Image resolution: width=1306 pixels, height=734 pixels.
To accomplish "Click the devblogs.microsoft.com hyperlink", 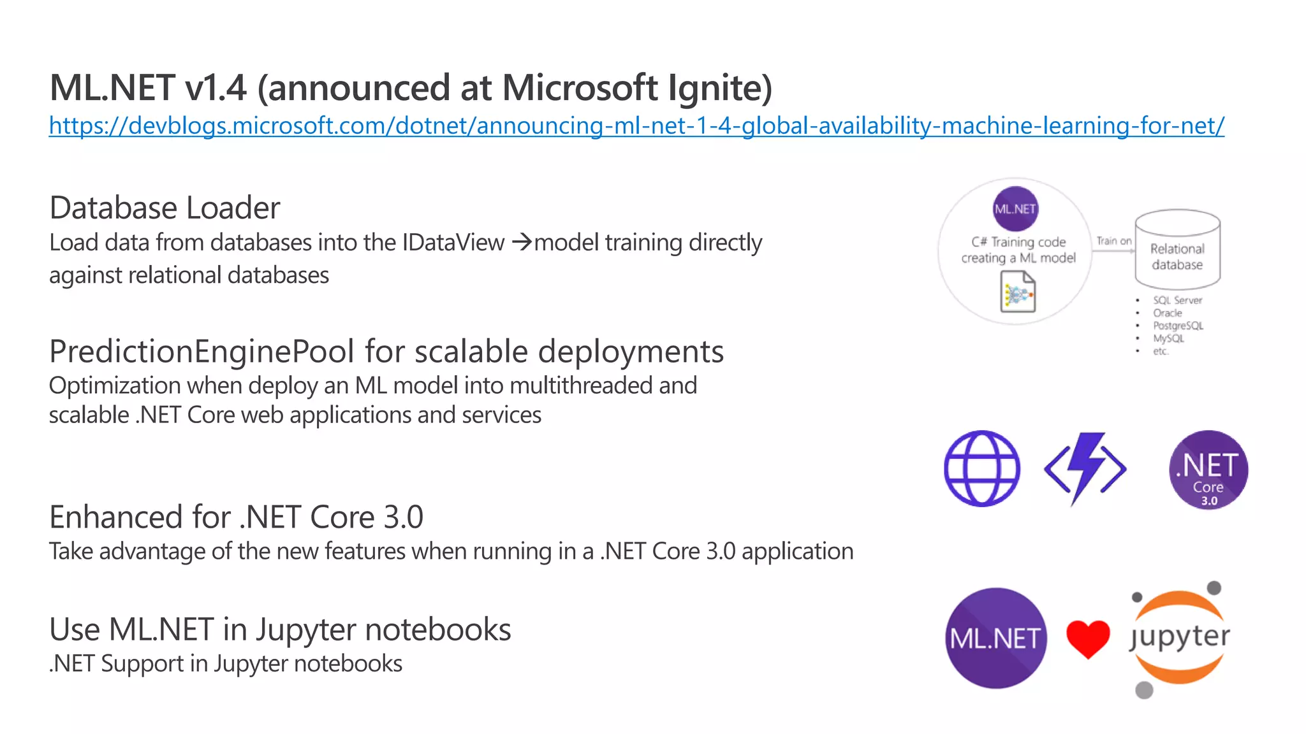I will click(636, 126).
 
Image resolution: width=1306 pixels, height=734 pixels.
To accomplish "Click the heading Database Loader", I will click(165, 208).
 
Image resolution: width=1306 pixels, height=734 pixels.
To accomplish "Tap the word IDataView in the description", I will click(453, 243).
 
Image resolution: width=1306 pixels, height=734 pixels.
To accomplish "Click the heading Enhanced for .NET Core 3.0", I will click(236, 517).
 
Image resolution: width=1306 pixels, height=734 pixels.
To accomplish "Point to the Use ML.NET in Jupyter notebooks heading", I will click(280, 630).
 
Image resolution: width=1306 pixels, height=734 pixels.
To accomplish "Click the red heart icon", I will click(1088, 638).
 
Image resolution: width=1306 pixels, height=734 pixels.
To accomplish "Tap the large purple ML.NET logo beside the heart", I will click(995, 638).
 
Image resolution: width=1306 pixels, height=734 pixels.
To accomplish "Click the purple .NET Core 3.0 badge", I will click(1208, 470).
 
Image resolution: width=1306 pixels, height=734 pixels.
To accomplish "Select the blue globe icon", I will click(982, 469).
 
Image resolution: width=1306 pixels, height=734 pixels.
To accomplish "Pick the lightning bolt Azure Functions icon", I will click(1085, 468).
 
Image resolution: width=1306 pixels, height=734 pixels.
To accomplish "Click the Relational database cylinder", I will click(1177, 250).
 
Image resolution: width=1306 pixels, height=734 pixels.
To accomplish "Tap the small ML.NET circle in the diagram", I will click(1015, 209).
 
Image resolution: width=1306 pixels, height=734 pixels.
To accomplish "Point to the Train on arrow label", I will click(1113, 241).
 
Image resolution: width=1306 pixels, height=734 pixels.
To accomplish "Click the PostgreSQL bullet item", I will click(1178, 326).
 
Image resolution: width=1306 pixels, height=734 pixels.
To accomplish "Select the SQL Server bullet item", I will click(1177, 300).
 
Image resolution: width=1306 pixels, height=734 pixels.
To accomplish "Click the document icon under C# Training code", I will click(1018, 292).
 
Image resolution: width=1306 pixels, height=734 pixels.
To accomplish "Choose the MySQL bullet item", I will click(1168, 338).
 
